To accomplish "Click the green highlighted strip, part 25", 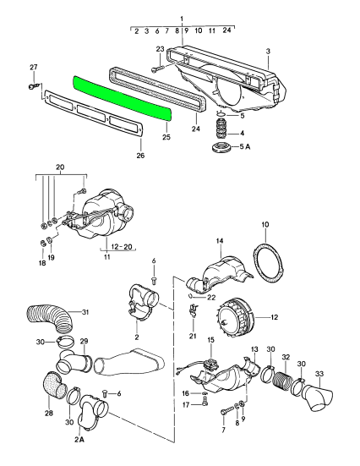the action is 122,97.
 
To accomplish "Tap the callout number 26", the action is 140,155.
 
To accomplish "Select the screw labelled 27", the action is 31,86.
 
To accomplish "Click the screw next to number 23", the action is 157,69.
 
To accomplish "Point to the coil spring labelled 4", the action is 221,129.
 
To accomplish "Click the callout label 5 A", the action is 244,146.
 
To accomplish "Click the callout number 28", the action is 49,413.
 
